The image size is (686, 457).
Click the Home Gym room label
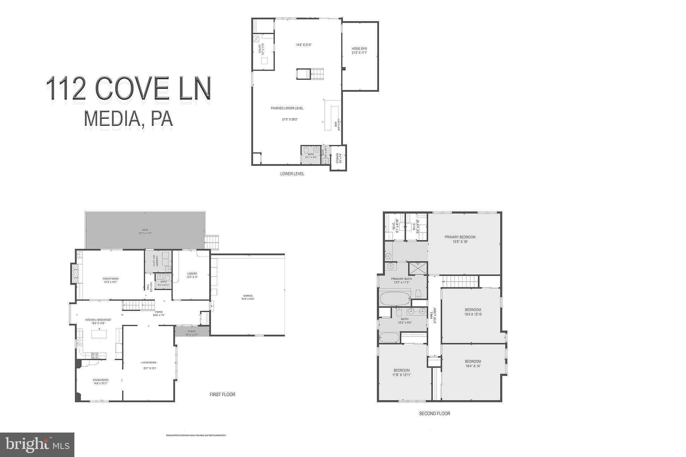pos(359,49)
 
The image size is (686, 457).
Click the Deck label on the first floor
pos(145,230)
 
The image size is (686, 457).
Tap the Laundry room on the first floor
pos(158,261)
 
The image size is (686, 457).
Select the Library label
pos(192,274)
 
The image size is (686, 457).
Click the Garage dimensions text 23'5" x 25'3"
pos(248,299)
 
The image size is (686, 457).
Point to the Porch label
pos(192,331)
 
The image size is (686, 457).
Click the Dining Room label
pos(100,380)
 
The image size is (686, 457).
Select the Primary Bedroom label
pos(460,237)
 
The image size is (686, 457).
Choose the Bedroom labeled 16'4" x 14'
pos(473,362)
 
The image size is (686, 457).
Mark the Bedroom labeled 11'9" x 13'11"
pos(402,370)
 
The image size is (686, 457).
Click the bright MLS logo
pos(37,444)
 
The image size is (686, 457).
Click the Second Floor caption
pos(434,413)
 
